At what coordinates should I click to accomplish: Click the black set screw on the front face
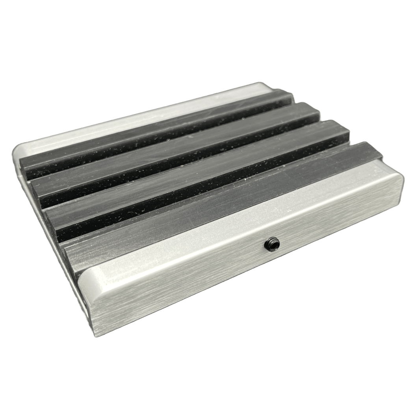coord(272,244)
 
